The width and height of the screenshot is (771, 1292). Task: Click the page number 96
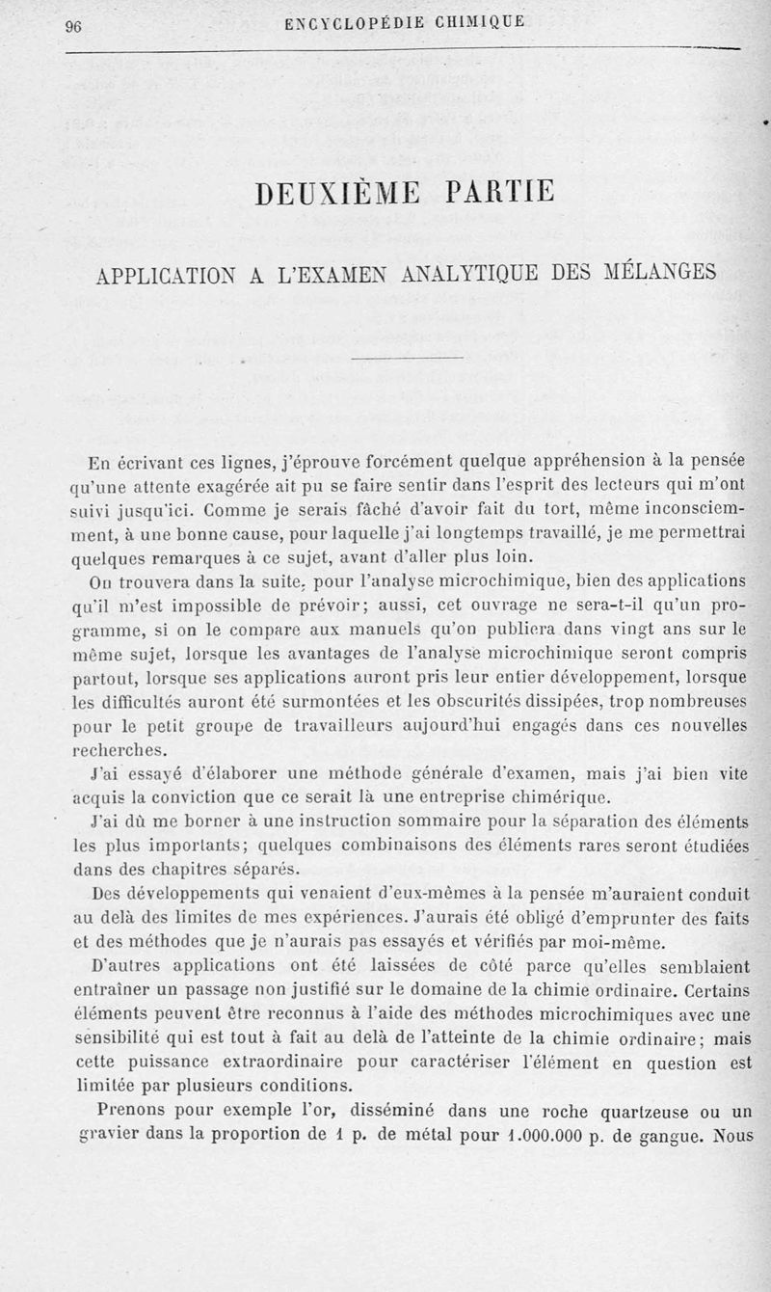tap(73, 26)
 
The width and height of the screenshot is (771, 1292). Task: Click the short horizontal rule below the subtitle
tap(408, 361)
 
